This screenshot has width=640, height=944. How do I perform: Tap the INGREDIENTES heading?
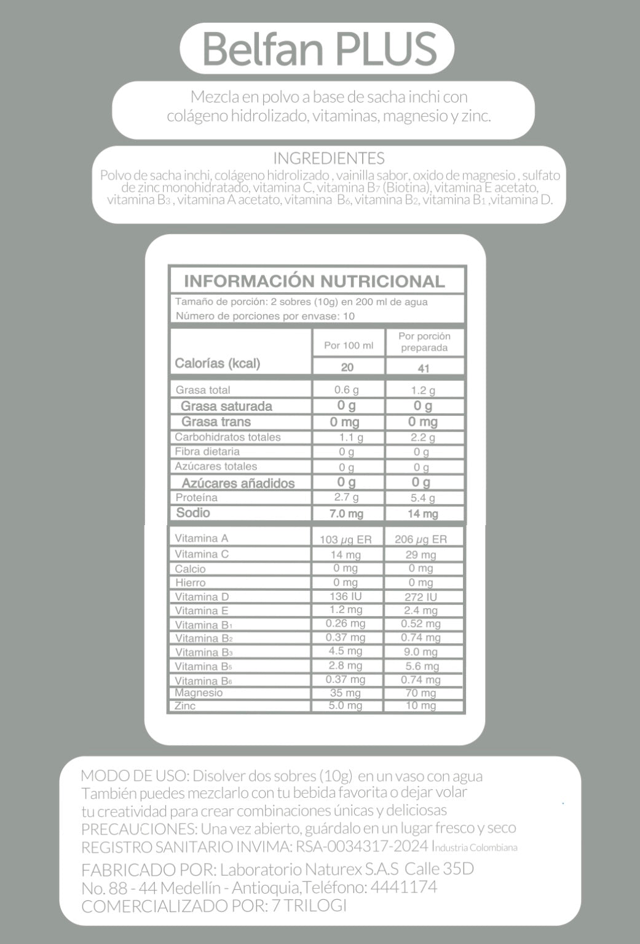click(x=329, y=158)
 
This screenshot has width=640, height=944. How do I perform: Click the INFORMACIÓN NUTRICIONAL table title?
click(x=314, y=281)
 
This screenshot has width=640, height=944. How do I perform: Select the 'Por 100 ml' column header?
click(x=349, y=345)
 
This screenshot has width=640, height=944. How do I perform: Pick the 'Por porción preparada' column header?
click(x=424, y=342)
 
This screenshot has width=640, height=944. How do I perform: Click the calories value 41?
click(x=423, y=368)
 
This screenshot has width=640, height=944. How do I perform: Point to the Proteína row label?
click(x=197, y=497)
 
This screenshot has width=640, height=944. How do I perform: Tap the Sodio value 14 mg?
click(x=423, y=513)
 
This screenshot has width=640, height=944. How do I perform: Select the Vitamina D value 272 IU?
click(x=421, y=597)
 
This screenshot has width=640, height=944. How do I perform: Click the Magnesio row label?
click(x=199, y=693)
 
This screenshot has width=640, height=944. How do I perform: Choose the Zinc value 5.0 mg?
click(x=346, y=706)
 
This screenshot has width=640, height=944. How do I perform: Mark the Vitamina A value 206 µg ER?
click(x=421, y=539)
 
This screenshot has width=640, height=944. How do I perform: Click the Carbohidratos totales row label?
click(x=227, y=437)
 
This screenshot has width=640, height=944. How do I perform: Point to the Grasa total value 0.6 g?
click(x=347, y=390)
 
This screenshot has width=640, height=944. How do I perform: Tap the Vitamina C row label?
click(x=202, y=554)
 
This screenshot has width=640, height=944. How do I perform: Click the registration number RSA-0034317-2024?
click(x=361, y=847)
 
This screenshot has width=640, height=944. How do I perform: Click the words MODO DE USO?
click(x=132, y=776)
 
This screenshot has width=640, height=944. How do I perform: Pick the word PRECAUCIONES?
click(x=138, y=829)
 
